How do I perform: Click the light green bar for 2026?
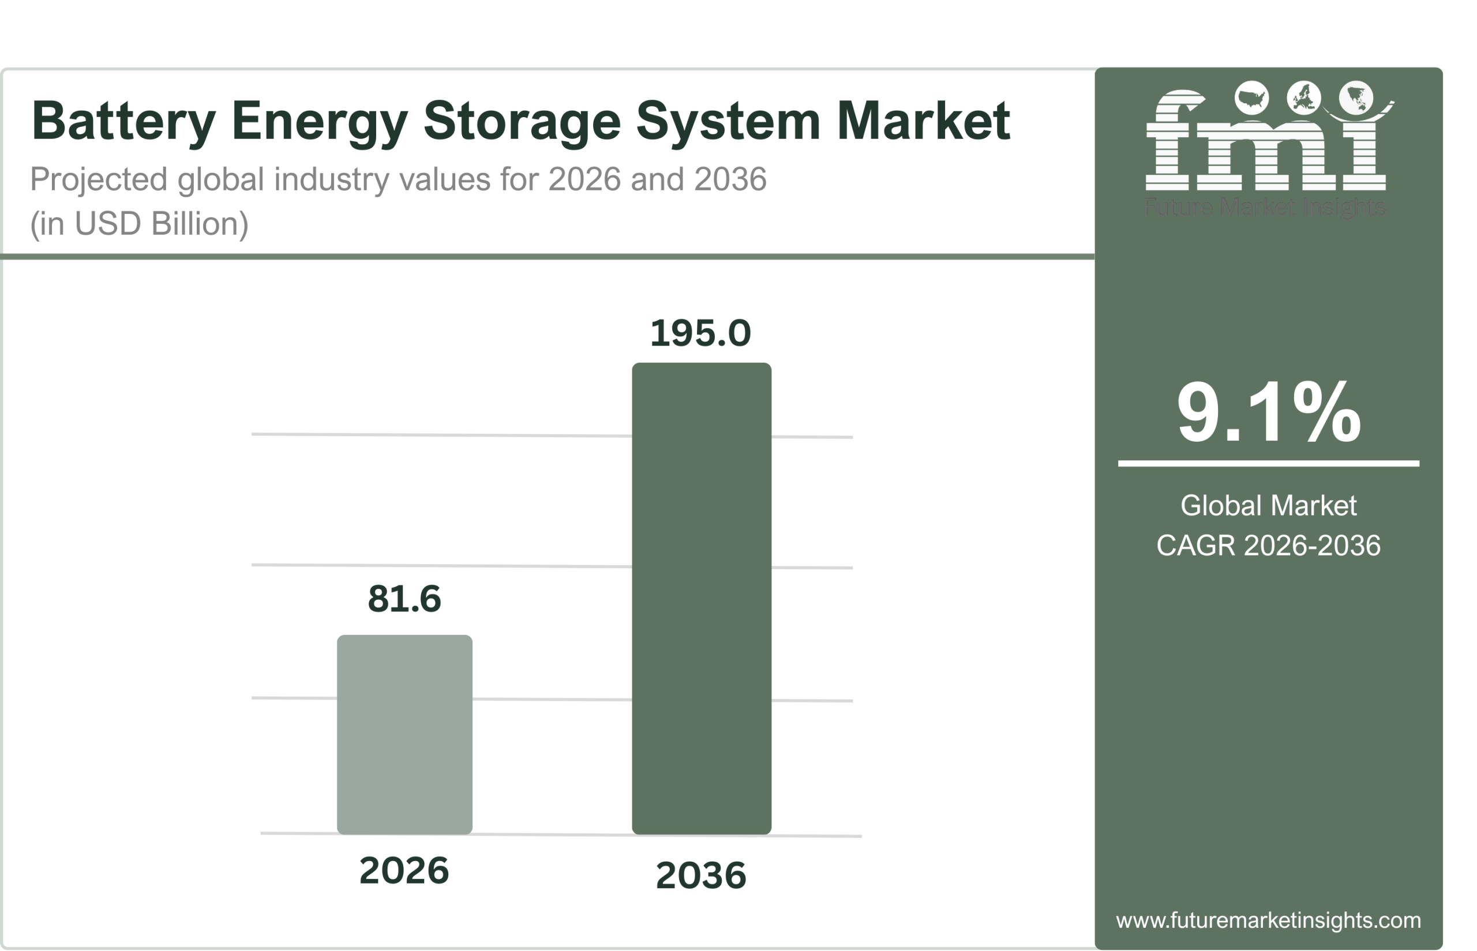404,734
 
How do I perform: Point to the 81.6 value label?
404,599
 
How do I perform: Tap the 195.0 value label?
700,333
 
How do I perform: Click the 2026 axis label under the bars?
404,871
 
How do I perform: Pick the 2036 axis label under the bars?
700,875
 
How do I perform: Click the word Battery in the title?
123,122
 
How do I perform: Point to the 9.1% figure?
1268,412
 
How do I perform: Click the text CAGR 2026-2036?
1268,545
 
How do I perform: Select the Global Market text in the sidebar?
1268,506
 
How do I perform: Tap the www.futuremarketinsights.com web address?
1268,920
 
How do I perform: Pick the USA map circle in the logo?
1251,98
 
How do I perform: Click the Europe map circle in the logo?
1303,98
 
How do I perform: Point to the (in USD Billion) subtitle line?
139,224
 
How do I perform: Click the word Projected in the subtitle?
98,180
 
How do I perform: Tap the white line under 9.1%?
1268,463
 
